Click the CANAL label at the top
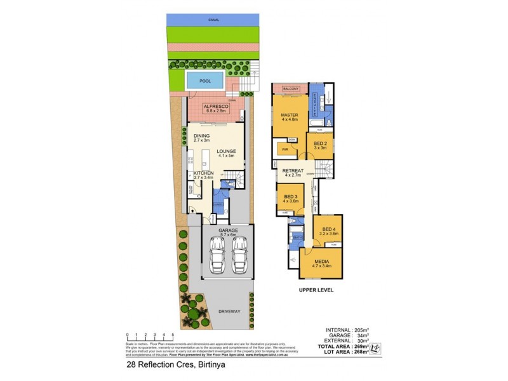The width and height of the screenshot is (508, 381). click(x=214, y=20)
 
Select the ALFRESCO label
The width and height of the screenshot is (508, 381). click(x=215, y=107)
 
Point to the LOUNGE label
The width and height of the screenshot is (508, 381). click(x=227, y=151)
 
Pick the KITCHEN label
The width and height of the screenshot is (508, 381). click(x=203, y=173)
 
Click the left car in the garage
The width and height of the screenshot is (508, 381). click(x=217, y=255)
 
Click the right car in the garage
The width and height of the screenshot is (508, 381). click(x=239, y=255)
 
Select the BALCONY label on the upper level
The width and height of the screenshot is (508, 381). click(x=291, y=90)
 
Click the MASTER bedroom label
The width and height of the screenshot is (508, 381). click(x=290, y=115)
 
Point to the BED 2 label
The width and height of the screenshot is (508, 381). click(x=321, y=144)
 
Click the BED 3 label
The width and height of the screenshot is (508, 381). click(x=291, y=197)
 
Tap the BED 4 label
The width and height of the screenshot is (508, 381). click(x=328, y=229)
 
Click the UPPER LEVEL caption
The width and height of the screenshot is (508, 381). click(x=316, y=290)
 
